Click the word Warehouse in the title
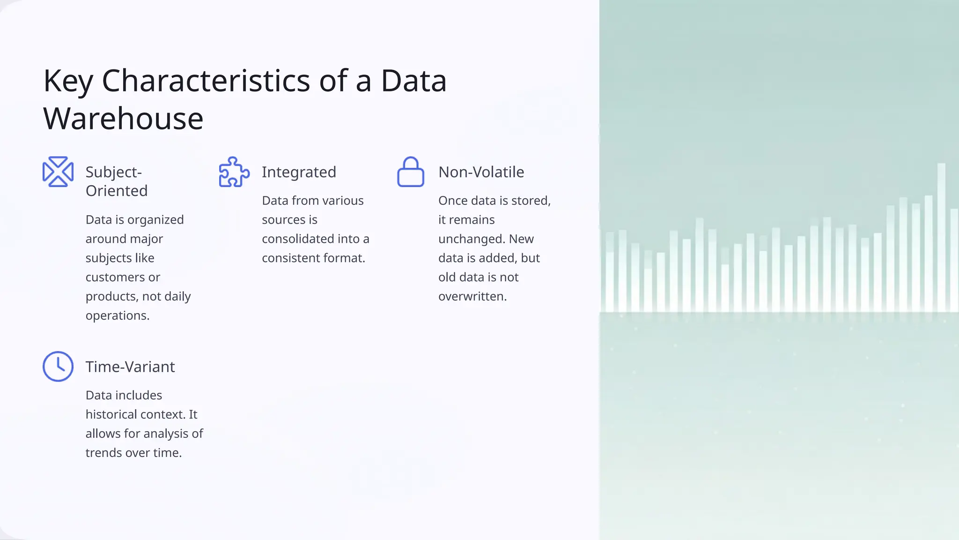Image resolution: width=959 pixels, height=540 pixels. coord(123,119)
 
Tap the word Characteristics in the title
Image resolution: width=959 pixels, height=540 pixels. coord(206,81)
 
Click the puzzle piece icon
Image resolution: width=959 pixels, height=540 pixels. coord(234,172)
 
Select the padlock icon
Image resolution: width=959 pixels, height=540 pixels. coord(411,172)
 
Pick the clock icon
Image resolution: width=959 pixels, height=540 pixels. coord(58,367)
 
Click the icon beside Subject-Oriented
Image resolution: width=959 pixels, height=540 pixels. coord(58,172)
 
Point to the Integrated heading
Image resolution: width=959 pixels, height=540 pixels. coord(299,172)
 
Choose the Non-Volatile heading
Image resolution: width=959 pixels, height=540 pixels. coord(481,172)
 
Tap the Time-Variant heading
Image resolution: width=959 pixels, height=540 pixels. coord(130,367)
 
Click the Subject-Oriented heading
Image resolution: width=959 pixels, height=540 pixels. coord(116,181)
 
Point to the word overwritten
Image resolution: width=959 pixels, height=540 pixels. coord(472,297)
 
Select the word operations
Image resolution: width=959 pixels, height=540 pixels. coord(117,316)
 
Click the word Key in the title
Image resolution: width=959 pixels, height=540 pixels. coord(68,82)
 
